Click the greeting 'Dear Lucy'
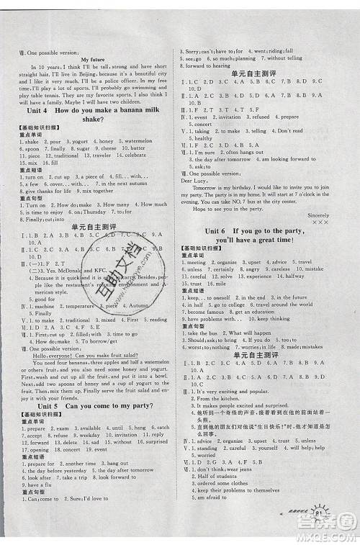coord(197,181)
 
